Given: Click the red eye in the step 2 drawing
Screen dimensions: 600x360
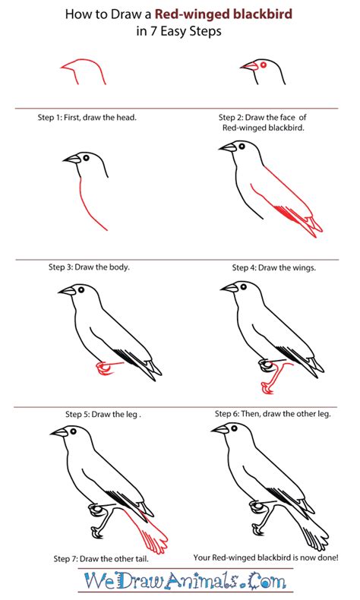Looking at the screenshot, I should pos(263,65).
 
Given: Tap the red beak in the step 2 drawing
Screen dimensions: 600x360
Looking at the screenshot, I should pos(248,67).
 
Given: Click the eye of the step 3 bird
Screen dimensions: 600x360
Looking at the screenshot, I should pos(85,157).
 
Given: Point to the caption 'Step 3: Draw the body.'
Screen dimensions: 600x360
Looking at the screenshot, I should pos(89,267).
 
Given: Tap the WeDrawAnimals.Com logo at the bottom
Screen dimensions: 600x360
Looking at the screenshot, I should pos(180,582).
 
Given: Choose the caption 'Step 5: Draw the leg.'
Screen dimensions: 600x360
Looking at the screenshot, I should pos(103,414).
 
